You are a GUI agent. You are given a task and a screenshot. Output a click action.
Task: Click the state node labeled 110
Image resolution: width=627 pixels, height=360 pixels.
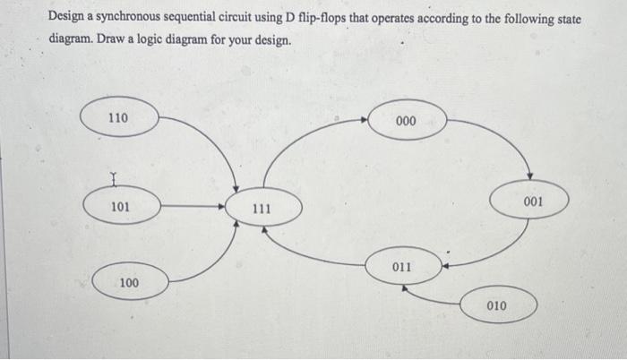coord(118,117)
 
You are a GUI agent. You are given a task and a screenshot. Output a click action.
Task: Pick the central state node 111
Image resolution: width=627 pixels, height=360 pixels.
coord(262,208)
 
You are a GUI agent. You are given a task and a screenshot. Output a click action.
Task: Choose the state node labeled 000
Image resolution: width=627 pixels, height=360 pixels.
coord(406,121)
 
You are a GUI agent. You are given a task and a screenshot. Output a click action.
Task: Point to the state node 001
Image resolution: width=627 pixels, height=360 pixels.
coord(532,201)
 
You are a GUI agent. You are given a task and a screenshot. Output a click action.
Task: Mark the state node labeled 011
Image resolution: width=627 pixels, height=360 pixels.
coord(402,266)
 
